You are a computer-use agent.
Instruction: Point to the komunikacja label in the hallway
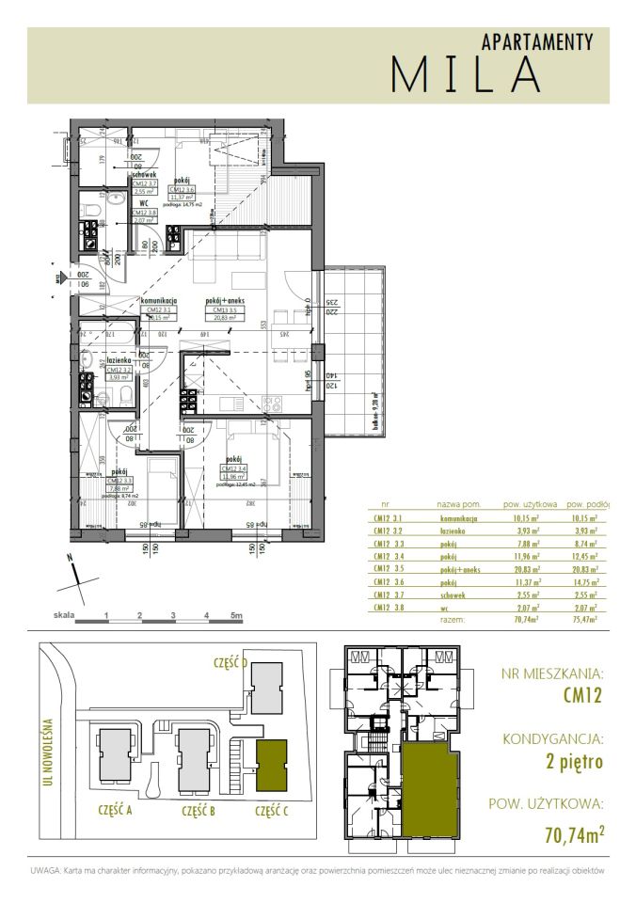[x=159, y=301]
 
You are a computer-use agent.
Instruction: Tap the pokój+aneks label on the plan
[x=226, y=301]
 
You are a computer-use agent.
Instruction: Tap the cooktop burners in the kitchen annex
[x=273, y=403]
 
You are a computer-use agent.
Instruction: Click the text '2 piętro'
[x=574, y=763]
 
